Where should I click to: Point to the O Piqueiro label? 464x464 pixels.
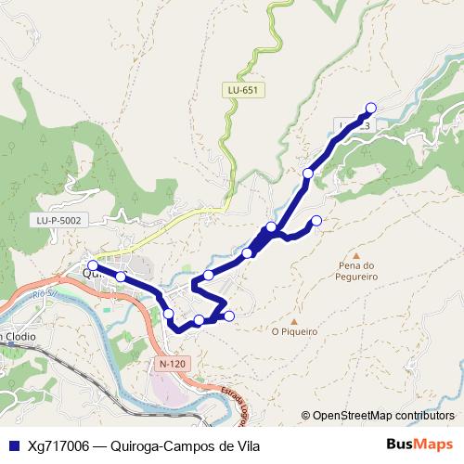[x=294, y=330]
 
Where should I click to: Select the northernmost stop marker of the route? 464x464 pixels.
[x=371, y=108]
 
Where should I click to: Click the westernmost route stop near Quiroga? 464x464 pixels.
[x=92, y=266]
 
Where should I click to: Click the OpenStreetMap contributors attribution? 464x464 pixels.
[x=378, y=416]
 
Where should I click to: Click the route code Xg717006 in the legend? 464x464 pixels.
[x=57, y=446]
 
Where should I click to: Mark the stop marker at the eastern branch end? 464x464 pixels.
[x=316, y=220]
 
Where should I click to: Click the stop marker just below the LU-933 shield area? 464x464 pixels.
[x=308, y=173]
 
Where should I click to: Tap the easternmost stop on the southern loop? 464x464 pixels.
[x=229, y=316]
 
